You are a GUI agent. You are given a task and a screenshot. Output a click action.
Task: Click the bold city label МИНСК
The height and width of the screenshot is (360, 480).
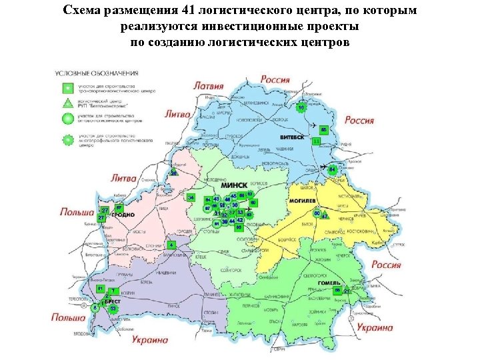click(234, 185)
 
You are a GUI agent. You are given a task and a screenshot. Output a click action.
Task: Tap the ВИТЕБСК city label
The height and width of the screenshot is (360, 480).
click(291, 137)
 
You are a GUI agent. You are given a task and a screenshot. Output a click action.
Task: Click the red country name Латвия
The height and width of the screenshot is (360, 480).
click(208, 86)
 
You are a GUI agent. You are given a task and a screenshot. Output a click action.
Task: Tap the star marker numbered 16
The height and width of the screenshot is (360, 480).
click(301, 107)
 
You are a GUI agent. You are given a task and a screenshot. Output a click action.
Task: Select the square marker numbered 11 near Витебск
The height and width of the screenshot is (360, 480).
click(316, 141)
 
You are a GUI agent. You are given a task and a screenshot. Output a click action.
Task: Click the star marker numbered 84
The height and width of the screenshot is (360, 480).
click(333, 169)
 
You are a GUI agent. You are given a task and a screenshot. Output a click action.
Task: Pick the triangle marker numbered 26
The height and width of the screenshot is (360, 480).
click(173, 173)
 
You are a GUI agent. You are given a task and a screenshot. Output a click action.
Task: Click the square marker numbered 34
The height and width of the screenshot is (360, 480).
click(191, 198)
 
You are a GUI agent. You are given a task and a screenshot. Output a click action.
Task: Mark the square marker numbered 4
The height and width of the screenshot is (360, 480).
click(171, 245)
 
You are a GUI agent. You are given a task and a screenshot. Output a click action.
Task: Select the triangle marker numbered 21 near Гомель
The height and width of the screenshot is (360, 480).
click(347, 291)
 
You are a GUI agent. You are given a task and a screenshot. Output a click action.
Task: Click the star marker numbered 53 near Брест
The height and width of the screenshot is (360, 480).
click(113, 309)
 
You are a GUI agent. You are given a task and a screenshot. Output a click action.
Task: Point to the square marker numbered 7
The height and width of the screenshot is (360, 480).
click(114, 291)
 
